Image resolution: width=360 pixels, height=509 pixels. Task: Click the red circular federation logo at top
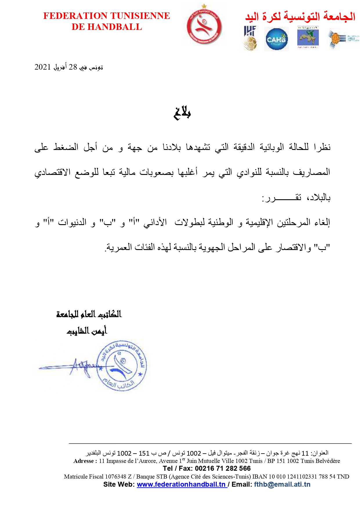coord(204,26)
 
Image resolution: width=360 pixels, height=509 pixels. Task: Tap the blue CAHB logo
coord(276,39)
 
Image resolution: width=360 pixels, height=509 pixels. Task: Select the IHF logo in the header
coord(250,38)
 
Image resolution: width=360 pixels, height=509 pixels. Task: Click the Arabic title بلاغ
coord(182,113)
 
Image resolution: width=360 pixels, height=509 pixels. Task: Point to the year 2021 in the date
coord(43,67)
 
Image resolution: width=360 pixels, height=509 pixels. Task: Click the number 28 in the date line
coord(73,67)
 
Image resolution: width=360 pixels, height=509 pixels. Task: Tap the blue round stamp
coord(121,365)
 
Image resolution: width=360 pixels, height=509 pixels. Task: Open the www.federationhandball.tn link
coord(181,484)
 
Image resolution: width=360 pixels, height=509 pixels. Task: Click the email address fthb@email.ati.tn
coord(282,484)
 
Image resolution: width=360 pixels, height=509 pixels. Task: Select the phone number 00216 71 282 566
coord(222,468)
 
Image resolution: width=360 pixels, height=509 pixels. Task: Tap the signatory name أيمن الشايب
coord(87,331)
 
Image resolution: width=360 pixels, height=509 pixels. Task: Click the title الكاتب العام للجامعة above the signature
coord(89,314)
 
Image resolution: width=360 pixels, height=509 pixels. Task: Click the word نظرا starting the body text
coord(322,147)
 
